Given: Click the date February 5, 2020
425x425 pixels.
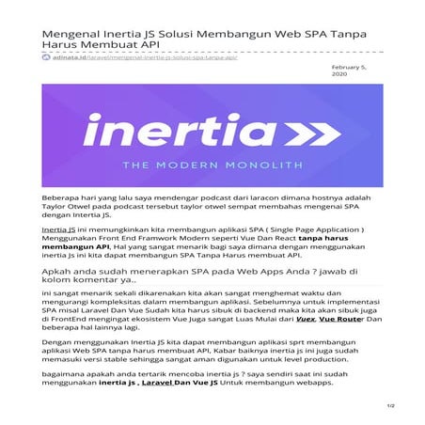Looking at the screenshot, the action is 353,73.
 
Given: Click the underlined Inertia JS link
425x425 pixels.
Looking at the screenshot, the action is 58,228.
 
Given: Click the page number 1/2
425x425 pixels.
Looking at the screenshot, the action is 388,405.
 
